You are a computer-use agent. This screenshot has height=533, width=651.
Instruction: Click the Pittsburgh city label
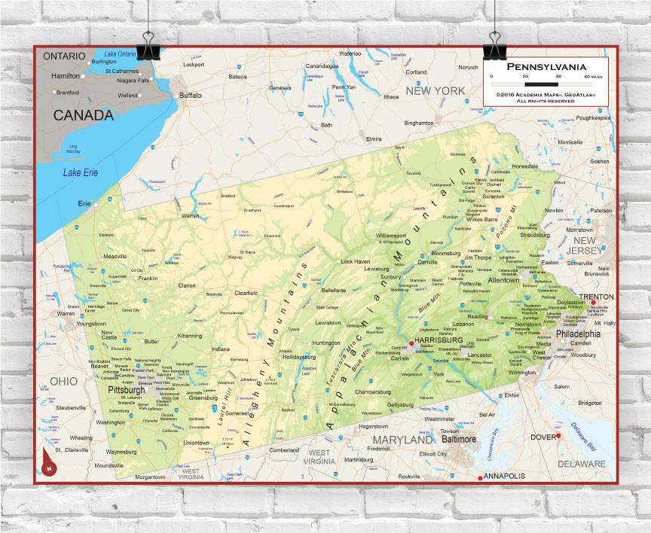126,391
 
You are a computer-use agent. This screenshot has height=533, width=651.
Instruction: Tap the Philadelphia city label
578,334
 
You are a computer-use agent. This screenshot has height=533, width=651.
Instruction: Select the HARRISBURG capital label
438,340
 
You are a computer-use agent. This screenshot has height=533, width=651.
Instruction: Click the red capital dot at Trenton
593,303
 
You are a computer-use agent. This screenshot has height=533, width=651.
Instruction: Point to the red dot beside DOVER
558,436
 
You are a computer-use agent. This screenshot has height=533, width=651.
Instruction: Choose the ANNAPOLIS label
503,476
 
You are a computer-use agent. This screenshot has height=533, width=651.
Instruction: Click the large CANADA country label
83,115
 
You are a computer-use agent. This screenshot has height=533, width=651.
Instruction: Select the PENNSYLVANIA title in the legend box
546,66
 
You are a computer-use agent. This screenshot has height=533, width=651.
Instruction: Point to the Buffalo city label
190,96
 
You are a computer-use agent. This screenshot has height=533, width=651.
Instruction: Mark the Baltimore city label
459,438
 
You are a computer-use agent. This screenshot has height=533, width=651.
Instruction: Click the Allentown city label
504,280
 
